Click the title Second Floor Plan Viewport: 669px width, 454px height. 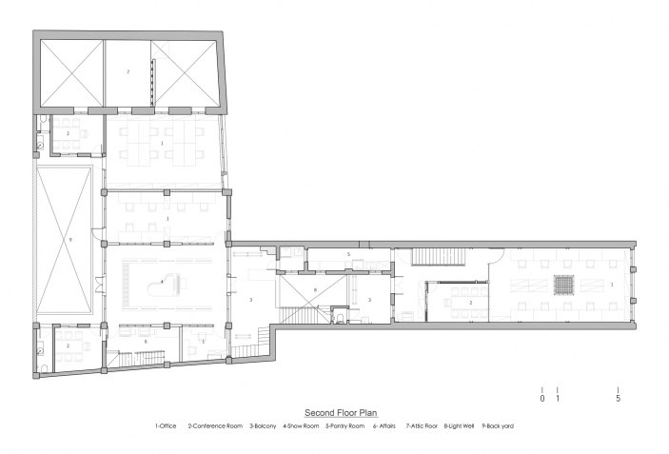tap(341, 413)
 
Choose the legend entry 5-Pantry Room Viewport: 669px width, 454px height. tap(345, 426)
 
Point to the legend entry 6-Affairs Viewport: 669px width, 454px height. tap(385, 426)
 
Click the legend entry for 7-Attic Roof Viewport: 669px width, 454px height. tap(422, 426)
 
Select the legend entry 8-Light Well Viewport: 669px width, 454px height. tap(462, 426)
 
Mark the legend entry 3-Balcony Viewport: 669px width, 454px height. tap(260, 426)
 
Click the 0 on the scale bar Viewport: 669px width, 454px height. tap(542, 399)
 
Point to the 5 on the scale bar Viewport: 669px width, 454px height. tap(618, 399)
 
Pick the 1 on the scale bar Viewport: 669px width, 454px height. tap(557, 399)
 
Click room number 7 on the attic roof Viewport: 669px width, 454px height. tap(128, 72)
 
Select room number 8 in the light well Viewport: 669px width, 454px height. tap(313, 288)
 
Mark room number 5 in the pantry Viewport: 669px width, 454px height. tap(349, 255)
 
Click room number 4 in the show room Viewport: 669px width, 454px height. tap(163, 282)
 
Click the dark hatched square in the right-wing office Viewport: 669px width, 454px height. tap(562, 284)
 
